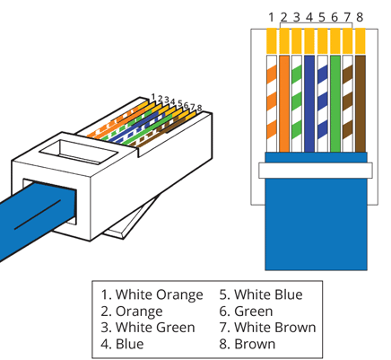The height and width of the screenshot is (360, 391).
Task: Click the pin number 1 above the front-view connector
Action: coord(271,17)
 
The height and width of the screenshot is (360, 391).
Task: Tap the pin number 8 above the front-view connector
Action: coord(360,17)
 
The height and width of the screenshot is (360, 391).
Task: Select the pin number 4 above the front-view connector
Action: coord(309,17)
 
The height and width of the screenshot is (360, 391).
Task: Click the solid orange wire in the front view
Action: coord(284,103)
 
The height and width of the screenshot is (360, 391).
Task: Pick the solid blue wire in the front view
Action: coord(309,103)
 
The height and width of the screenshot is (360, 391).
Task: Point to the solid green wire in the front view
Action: coord(335,103)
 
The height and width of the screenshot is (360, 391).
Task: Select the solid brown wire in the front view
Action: coord(361,103)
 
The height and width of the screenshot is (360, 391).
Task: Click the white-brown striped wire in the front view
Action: coord(348,103)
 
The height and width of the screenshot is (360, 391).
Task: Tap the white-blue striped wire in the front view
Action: coord(322,103)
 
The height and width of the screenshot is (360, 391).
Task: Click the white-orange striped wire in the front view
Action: coord(272,103)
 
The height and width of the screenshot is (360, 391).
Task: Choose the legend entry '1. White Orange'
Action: coord(152,294)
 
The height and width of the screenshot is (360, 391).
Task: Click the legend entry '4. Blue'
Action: coord(122,344)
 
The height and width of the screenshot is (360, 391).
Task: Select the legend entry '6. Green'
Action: coord(246,312)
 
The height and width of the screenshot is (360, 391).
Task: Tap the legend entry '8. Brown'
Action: coord(247,344)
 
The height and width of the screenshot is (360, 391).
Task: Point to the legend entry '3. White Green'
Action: coord(148,328)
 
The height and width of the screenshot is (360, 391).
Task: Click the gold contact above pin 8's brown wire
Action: coord(361,41)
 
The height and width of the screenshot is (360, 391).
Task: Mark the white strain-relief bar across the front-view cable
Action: coord(316,171)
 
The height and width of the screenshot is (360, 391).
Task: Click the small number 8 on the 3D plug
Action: coord(199,108)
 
